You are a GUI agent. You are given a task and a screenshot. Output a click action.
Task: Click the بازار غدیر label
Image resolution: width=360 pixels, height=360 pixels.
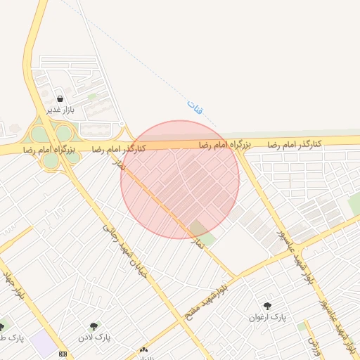click(60, 110)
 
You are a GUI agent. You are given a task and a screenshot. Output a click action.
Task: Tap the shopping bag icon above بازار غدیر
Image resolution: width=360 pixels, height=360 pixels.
click(60, 99)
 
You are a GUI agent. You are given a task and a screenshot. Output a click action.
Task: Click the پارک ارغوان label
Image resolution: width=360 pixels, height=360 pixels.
click(267, 317)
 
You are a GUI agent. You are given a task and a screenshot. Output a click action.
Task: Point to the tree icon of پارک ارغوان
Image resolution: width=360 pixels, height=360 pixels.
click(267, 306)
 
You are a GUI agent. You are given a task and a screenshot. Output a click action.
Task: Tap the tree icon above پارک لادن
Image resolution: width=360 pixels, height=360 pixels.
click(94, 326)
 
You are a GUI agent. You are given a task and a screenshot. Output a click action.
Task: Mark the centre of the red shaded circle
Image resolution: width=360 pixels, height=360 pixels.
click(180, 179)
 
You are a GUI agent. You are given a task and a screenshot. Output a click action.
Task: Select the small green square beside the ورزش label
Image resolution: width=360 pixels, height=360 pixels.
click(302, 326)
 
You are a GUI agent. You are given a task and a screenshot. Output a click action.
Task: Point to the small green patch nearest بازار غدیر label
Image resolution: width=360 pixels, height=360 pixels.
click(92, 96)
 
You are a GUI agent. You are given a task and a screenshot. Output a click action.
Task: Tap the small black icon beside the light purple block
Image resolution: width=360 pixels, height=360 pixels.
click(64, 353)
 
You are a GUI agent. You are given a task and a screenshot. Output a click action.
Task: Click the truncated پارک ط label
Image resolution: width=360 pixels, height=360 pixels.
click(12, 338)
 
